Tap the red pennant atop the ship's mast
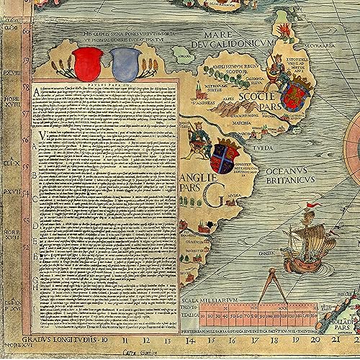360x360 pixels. pyautogui.click(x=310, y=206)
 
